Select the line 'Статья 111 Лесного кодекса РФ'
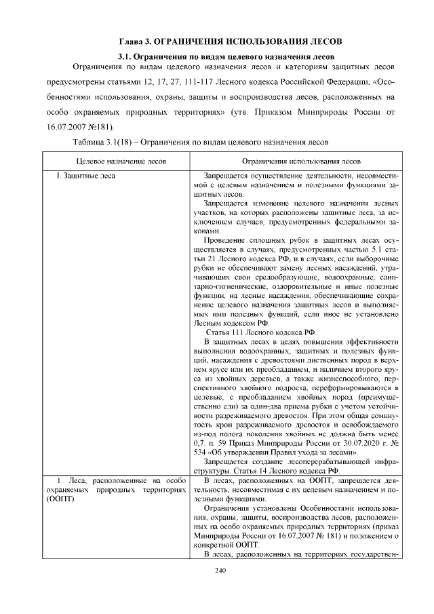(x=260, y=332)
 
